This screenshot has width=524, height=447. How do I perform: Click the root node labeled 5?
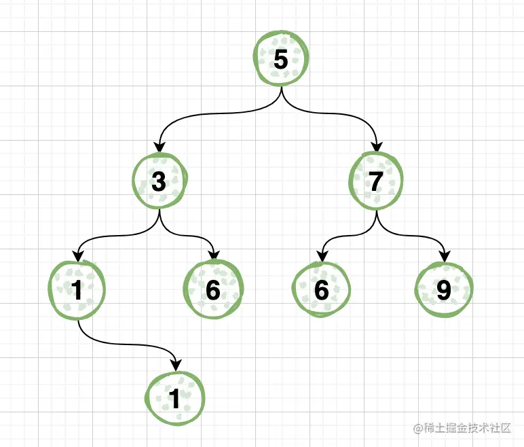pos(281,60)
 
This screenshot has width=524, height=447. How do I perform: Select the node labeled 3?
pos(160,181)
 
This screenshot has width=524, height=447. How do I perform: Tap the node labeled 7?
pos(376,181)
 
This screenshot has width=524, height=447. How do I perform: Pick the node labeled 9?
pos(444,290)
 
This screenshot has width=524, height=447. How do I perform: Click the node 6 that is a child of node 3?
pos(213,290)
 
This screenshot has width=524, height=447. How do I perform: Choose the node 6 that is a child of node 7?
pos(322,290)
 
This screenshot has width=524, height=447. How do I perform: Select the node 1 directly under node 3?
pos(77,290)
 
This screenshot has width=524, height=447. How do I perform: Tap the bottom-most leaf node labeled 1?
pos(174,398)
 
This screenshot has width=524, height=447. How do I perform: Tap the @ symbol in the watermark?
pos(418,428)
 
